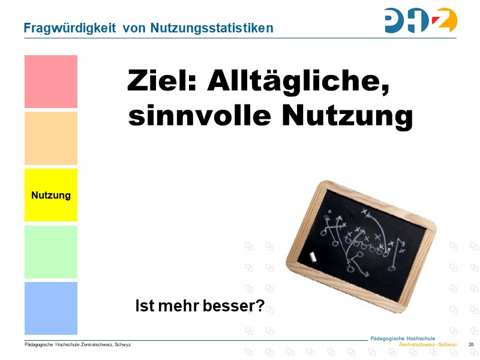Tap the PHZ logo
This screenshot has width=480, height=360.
(421, 20)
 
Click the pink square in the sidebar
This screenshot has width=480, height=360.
(51, 82)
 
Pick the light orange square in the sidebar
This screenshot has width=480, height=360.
(51, 138)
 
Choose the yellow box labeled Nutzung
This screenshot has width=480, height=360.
(51, 195)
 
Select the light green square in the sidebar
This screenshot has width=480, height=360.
(51, 251)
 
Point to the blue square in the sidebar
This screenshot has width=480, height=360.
(51, 308)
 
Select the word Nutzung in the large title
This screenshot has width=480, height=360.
(348, 116)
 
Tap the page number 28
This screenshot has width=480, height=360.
(471, 344)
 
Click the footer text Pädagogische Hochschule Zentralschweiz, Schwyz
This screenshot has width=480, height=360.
(77, 345)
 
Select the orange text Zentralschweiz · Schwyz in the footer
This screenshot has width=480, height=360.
(428, 345)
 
